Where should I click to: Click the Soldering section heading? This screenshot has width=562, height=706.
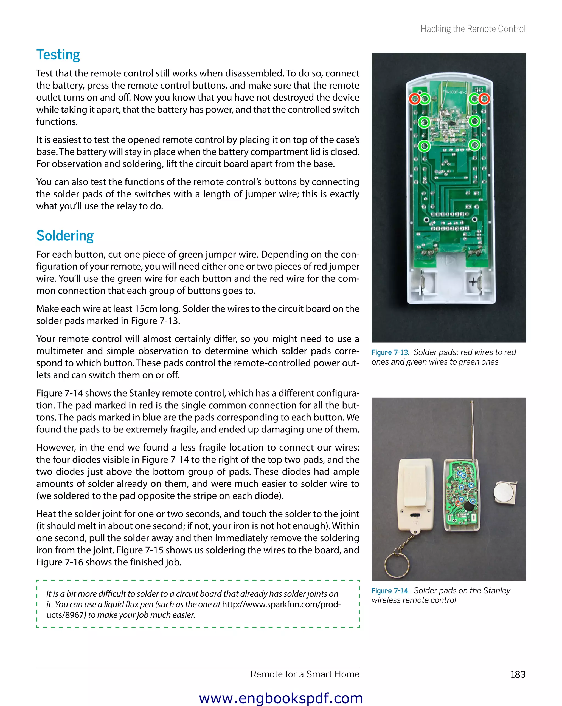click(65, 236)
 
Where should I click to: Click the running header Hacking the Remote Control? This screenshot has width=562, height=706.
click(473, 29)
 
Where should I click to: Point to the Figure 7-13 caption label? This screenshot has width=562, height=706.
click(390, 352)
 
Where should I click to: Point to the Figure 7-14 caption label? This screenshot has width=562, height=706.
click(390, 591)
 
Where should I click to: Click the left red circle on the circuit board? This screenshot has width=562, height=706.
click(414, 99)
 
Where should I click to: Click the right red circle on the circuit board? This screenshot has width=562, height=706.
click(484, 99)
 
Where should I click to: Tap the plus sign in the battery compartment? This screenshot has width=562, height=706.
click(473, 282)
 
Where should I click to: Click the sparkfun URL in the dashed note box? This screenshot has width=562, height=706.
click(281, 605)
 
